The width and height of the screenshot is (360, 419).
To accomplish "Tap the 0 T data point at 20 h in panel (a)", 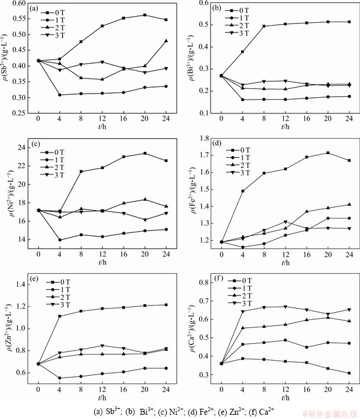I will [x=145, y=15].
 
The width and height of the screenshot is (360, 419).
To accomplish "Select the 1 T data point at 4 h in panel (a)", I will [x=59, y=95].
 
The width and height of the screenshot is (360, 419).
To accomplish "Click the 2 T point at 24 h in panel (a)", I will [x=166, y=41].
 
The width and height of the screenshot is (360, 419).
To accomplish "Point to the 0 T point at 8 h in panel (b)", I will [x=264, y=26].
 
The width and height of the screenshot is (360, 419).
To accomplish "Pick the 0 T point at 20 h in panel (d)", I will [x=328, y=152].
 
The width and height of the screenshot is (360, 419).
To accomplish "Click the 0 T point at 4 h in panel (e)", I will [x=59, y=316].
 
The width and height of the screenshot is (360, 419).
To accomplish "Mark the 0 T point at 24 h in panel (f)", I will [x=349, y=373].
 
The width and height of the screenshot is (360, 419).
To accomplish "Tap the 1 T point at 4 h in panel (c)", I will [x=59, y=240].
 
